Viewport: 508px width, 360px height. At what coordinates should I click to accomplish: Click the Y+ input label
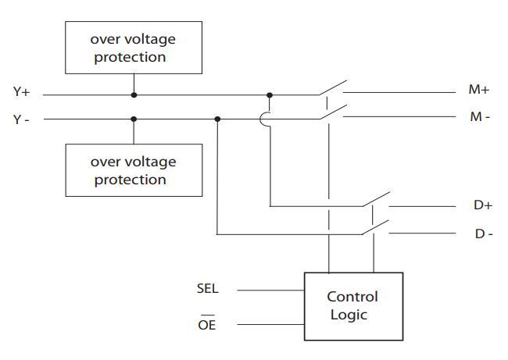21,92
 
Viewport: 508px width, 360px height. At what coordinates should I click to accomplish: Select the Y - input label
21,119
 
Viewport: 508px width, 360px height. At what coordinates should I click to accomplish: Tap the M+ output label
478,90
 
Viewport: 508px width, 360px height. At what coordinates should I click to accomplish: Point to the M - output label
479,117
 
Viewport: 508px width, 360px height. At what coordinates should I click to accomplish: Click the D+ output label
482,205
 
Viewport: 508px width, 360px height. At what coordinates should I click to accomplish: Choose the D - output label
483,233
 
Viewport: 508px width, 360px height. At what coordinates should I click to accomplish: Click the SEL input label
208,289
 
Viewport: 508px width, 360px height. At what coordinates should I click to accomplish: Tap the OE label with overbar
206,324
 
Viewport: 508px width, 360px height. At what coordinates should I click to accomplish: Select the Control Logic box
352,306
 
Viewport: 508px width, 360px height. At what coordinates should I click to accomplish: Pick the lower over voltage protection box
134,171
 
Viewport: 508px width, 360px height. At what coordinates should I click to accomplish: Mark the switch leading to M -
331,114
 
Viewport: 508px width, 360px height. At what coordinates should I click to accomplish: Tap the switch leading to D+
376,200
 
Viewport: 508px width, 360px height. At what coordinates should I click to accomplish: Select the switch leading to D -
376,228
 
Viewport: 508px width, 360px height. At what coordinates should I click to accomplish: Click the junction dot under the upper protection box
134,94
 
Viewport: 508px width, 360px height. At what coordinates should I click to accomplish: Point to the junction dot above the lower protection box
134,119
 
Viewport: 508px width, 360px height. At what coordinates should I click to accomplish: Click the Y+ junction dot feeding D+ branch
270,94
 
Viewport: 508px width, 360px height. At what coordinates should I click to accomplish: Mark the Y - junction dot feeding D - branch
217,119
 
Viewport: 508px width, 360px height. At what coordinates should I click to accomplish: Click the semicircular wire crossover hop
265,119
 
